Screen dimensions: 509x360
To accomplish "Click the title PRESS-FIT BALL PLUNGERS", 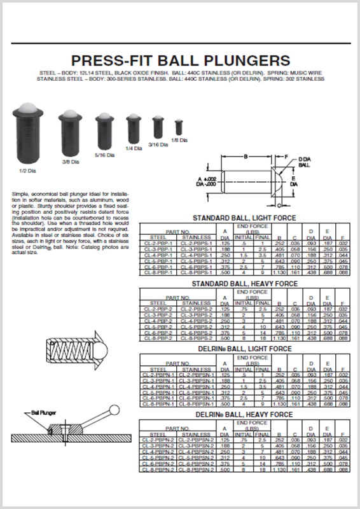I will coord(180,61).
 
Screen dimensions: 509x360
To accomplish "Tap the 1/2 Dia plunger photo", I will coord(27,136).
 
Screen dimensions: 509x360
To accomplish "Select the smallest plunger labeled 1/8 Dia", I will coord(179,128).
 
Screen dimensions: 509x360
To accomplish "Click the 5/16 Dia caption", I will coord(105,155).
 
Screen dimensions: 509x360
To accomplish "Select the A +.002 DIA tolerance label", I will coord(207,181).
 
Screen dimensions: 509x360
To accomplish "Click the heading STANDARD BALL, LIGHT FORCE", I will coord(244,218).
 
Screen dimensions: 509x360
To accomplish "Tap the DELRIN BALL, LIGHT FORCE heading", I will coord(244,350).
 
